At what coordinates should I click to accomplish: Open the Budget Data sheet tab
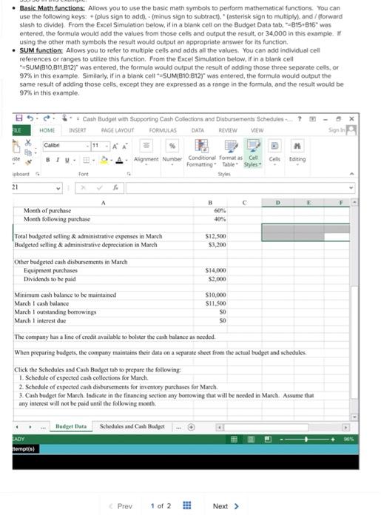(71, 427)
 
